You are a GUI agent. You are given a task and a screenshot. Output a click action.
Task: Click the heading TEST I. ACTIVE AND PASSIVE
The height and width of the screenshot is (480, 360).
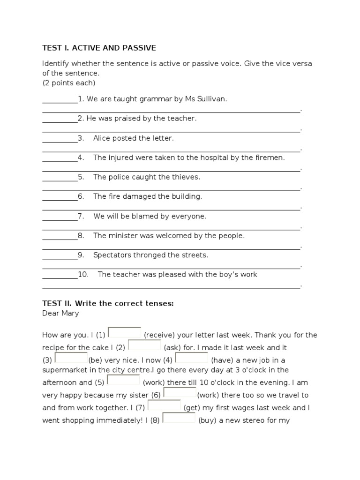[x=99, y=48]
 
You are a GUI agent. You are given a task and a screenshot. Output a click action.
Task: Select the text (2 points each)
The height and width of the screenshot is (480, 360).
[x=68, y=83]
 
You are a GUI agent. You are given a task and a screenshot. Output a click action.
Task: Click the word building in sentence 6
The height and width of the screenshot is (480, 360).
[x=187, y=196]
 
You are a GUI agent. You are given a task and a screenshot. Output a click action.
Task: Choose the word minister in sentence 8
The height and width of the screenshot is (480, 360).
[x=122, y=236]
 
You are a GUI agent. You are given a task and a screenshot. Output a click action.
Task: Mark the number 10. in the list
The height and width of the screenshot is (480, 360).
[x=83, y=275]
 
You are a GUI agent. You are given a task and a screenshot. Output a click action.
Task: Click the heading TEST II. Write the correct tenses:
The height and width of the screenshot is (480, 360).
[x=108, y=303]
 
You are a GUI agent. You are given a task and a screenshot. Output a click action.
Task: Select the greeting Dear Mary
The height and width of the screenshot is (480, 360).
[x=60, y=313]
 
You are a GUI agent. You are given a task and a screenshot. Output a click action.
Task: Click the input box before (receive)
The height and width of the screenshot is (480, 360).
[x=125, y=333]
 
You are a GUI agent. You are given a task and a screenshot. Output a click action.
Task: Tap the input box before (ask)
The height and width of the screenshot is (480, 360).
[x=144, y=345]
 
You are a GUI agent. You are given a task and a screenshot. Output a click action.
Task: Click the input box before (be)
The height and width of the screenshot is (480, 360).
[x=71, y=358]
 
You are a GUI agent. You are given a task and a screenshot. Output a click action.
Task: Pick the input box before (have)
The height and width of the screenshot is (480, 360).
[x=192, y=358]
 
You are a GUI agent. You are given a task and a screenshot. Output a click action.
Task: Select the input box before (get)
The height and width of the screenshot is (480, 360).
[x=165, y=405]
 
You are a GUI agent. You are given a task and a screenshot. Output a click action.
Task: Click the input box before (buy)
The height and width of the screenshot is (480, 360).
[x=179, y=418]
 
